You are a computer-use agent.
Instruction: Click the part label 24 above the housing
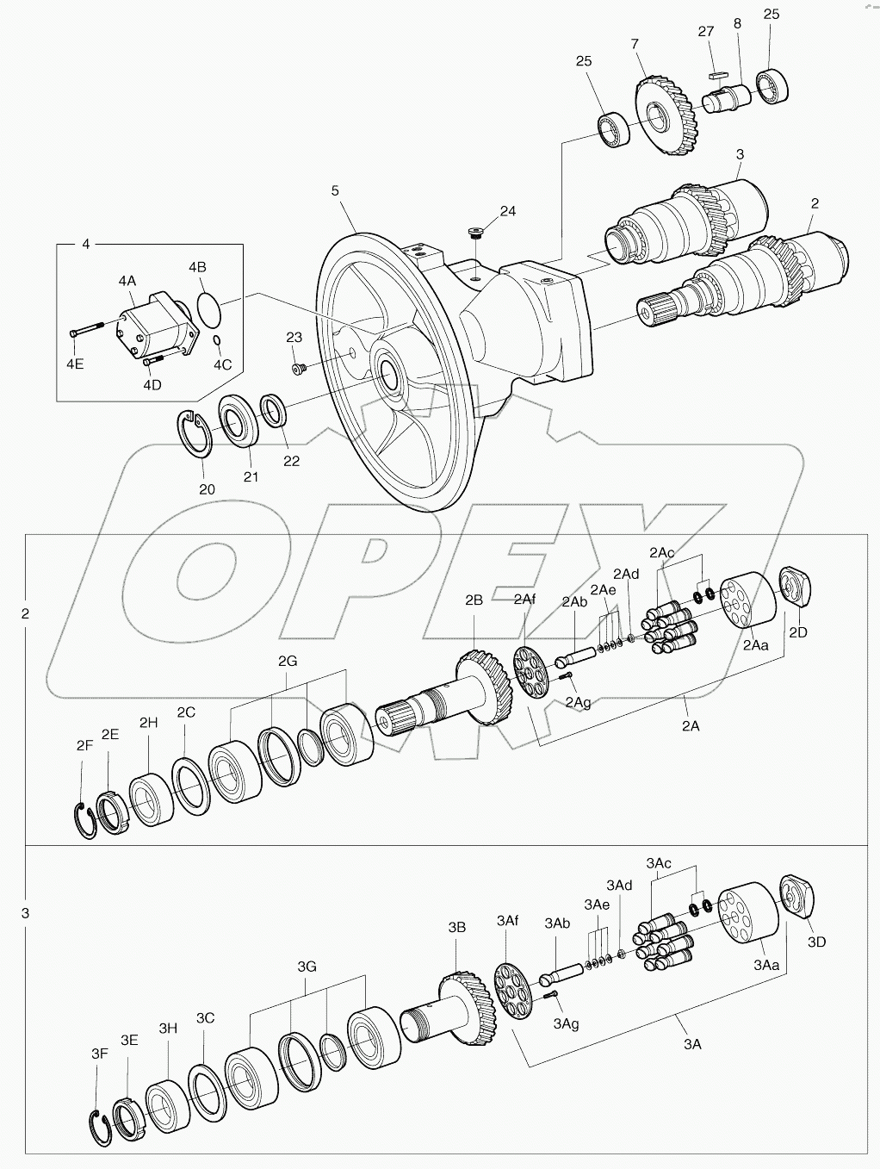pos(507,211)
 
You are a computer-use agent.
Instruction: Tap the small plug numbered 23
pos(297,369)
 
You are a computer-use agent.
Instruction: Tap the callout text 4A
pos(127,281)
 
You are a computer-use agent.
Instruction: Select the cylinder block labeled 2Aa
pos(747,605)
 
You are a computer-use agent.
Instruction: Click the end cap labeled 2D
pos(795,590)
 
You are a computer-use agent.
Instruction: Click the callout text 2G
pos(288,661)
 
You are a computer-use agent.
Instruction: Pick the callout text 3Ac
pos(659,862)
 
